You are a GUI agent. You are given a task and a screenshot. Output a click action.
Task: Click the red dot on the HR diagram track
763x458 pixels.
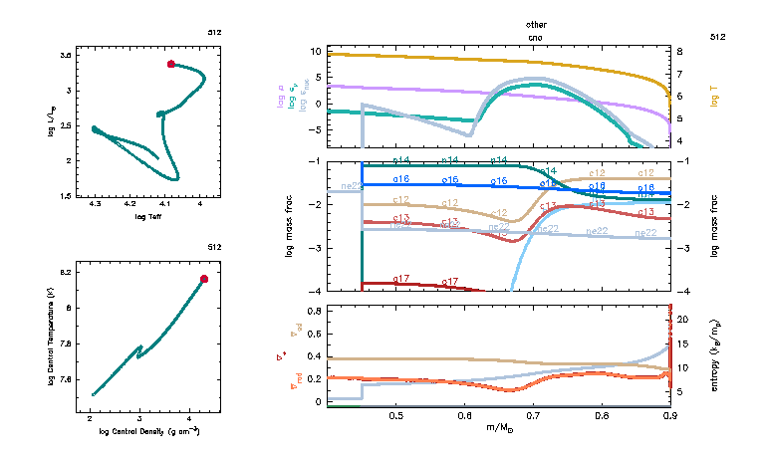171,64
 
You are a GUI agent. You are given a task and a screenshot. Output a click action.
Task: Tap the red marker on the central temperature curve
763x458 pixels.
204,279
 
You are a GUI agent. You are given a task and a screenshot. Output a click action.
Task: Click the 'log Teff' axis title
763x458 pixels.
148,216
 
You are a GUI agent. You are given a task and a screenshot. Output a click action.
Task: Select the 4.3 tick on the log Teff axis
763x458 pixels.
95,205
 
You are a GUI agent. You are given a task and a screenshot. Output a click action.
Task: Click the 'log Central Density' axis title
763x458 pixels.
149,431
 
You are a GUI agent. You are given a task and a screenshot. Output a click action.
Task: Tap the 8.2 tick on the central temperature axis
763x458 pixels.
68,272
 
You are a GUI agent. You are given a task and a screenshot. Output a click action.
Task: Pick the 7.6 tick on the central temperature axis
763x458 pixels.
68,379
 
